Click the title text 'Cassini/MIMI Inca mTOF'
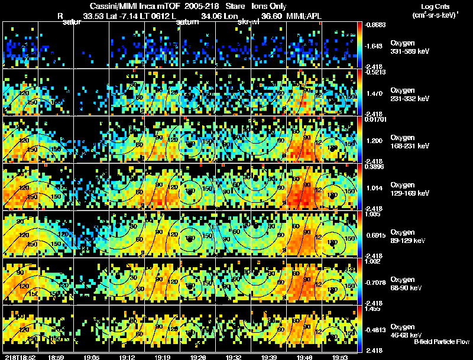[131, 6]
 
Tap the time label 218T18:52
[18, 357]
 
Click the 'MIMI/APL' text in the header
[305, 16]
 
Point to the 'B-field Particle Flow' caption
[441, 342]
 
